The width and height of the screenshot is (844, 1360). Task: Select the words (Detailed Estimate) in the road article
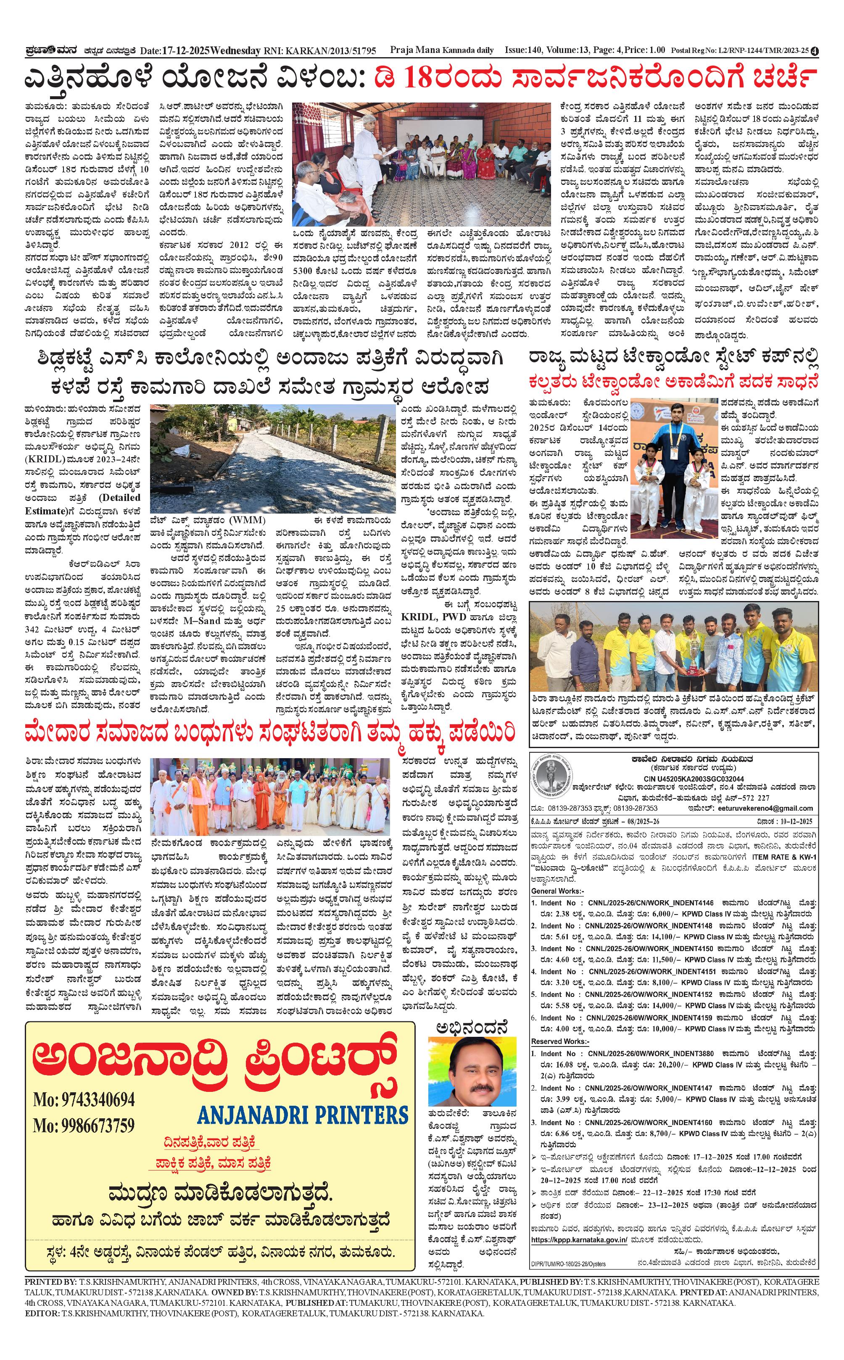coord(83,504)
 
